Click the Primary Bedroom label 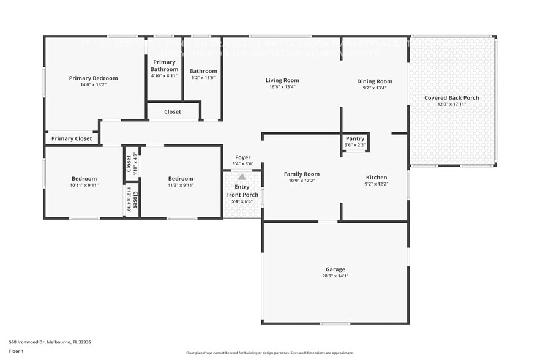(x=93, y=78)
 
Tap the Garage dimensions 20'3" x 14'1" (x=335, y=276)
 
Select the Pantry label (x=354, y=139)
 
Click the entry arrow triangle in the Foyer (x=242, y=177)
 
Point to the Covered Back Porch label (x=451, y=98)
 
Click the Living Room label (x=282, y=80)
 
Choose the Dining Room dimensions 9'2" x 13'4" (x=375, y=88)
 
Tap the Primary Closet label (x=72, y=139)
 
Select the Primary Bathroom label (x=164, y=66)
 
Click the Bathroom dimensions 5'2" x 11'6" (x=203, y=78)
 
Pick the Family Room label (x=301, y=174)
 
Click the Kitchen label (x=377, y=178)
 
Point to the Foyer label (x=242, y=157)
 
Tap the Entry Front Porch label (x=242, y=191)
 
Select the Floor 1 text (x=17, y=351)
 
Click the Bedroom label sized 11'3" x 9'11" (x=181, y=179)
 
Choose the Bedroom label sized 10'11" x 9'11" (x=84, y=179)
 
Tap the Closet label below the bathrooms (x=173, y=112)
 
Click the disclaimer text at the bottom (x=269, y=353)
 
